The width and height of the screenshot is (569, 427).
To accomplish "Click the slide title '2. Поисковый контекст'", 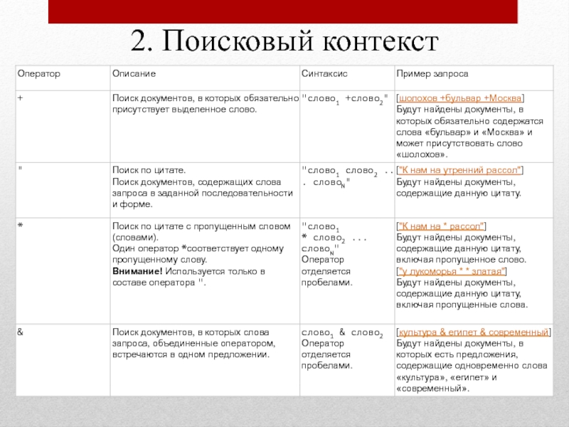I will (283, 41).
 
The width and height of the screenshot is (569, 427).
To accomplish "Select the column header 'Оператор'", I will (38, 74).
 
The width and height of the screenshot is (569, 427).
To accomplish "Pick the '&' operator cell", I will (21, 332).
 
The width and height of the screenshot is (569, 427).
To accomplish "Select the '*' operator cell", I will (21, 226).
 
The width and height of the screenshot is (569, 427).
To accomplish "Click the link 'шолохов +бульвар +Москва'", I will (460, 97).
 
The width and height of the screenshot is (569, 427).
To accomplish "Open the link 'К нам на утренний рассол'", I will (459, 170).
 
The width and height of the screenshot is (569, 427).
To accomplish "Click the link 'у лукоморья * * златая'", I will (451, 270).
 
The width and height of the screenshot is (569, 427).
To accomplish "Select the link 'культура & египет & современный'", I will (473, 332).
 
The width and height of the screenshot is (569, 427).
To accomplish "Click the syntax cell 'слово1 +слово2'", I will (345, 98).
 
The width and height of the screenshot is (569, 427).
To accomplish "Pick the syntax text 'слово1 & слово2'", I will (343, 333).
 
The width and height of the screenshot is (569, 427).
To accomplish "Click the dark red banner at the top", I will (283, 10).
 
